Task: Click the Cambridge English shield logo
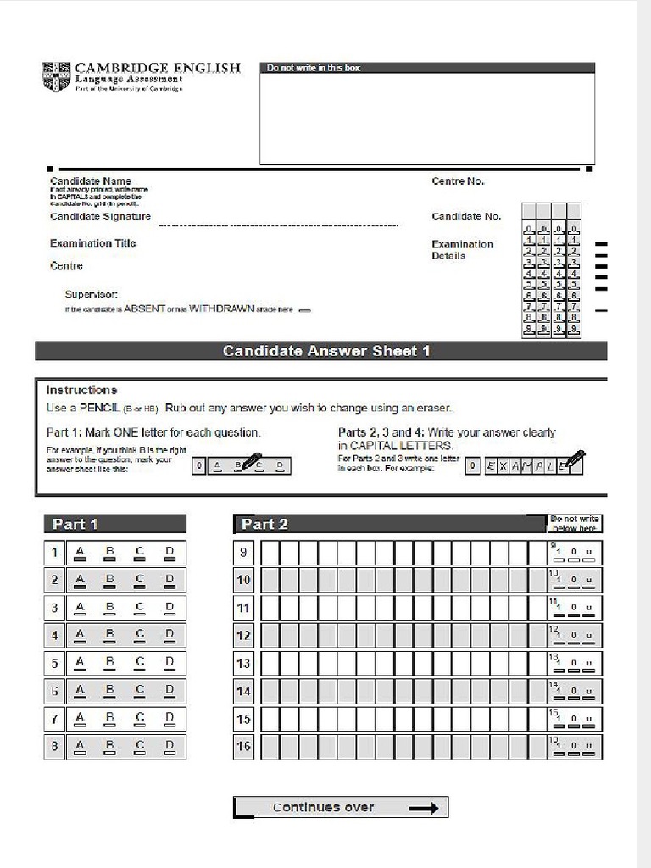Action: (56, 76)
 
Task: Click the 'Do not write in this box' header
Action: (314, 68)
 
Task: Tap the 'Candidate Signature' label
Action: (100, 216)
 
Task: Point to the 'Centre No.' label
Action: (458, 181)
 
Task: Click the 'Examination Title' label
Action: (92, 243)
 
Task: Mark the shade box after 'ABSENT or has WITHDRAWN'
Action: (305, 310)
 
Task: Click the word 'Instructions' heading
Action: (81, 390)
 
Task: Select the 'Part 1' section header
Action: (114, 524)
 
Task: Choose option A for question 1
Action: (81, 554)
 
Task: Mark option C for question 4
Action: (140, 635)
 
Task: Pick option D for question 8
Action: (170, 747)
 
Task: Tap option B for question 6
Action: (109, 691)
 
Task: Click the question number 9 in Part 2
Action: (243, 553)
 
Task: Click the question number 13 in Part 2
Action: (243, 664)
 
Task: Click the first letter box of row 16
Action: (270, 747)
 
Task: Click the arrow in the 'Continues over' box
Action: (423, 808)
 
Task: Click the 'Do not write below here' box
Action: (575, 524)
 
